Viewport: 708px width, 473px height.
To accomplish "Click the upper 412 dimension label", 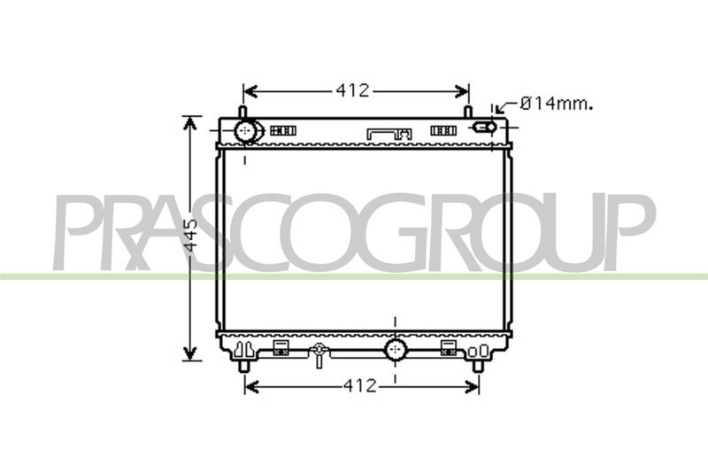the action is [x=352, y=91].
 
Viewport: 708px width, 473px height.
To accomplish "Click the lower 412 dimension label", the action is [x=360, y=386].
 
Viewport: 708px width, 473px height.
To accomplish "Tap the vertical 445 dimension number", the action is [x=191, y=235].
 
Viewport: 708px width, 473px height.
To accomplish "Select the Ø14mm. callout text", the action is [x=557, y=105].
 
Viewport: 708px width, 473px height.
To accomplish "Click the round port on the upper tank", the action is [x=246, y=131].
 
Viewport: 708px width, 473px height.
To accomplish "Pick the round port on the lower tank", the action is [x=396, y=350].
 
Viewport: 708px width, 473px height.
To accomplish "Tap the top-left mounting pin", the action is [x=242, y=112].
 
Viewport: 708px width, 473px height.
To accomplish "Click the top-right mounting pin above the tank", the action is [x=468, y=112].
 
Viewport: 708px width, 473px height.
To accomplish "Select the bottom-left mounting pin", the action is [x=244, y=367].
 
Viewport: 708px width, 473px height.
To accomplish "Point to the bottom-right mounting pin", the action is [x=477, y=367].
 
